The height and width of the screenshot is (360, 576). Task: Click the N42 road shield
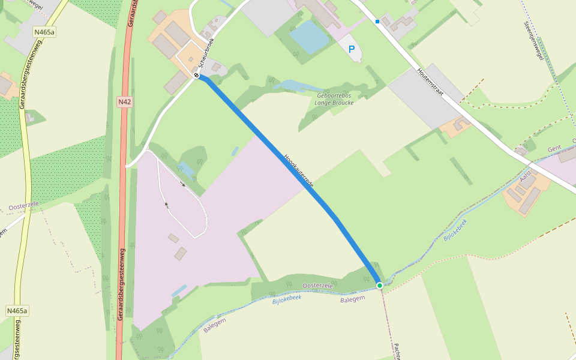coord(124,102)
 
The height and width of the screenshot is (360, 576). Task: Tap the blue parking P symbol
coord(352,49)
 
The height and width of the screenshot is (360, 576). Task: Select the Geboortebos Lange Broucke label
coord(334,99)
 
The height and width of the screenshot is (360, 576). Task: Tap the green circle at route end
coord(379,285)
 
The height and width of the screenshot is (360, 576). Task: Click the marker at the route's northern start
coord(196,75)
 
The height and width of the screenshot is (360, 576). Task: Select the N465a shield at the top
coord(44,32)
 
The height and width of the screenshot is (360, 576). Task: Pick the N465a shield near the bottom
coord(17,311)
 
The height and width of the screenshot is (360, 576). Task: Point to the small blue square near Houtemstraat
coord(377,22)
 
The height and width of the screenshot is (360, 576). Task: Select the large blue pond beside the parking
coord(310,35)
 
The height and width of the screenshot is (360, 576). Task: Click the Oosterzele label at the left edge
coord(23,206)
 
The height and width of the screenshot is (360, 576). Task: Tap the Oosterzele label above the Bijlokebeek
coord(317,286)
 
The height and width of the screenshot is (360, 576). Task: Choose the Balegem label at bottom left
coord(214,325)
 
